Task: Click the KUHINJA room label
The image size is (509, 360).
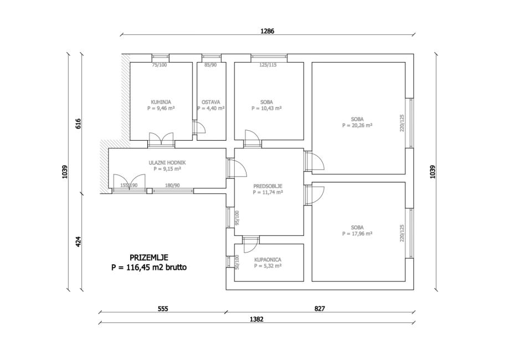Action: (161, 102)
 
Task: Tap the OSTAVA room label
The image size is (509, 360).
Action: (211, 102)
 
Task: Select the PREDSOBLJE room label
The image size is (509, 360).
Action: (268, 187)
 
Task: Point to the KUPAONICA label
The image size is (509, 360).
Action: (268, 259)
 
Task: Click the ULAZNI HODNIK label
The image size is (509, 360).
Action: (167, 162)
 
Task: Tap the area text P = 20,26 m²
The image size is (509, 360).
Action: (357, 126)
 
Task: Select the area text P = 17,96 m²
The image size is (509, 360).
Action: (357, 234)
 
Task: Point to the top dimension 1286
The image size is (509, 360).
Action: (268, 31)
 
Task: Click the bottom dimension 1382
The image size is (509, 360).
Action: (256, 318)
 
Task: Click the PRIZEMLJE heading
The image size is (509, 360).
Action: (149, 258)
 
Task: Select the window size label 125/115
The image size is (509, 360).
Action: (268, 65)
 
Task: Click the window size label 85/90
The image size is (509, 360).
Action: (211, 65)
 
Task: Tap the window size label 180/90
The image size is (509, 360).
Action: (173, 186)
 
